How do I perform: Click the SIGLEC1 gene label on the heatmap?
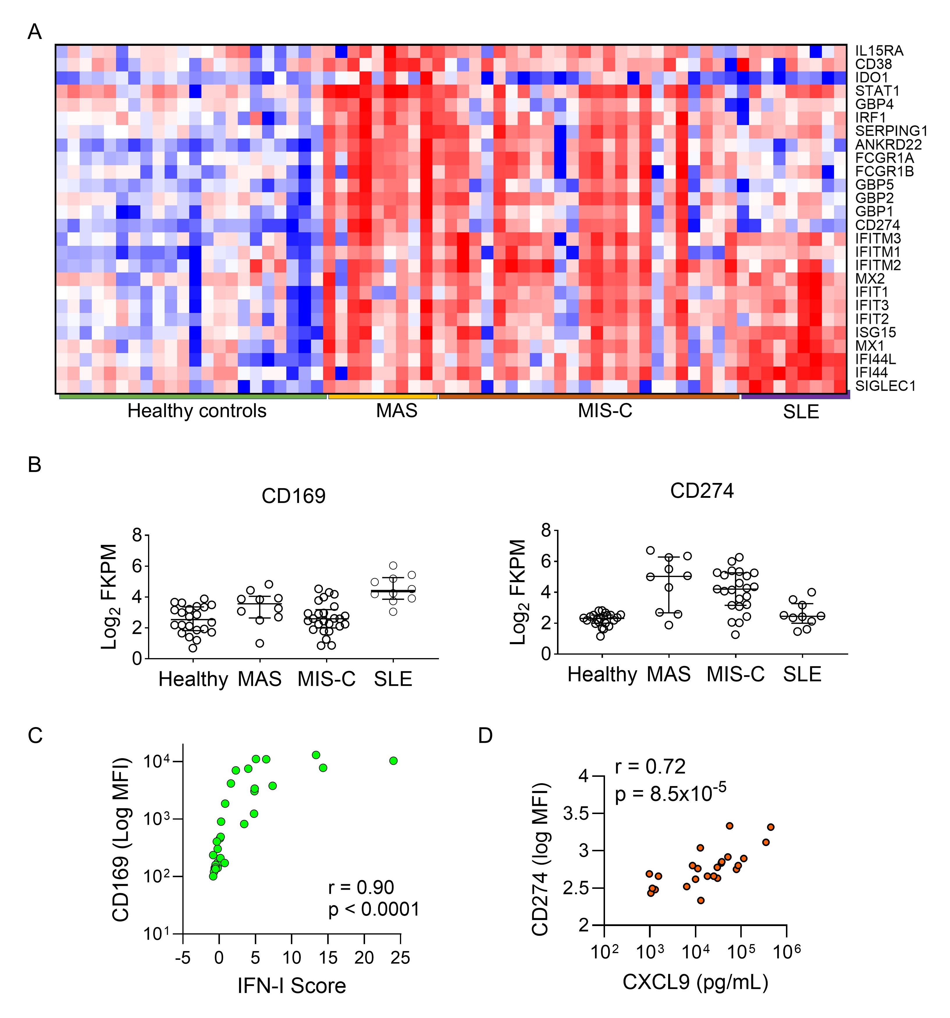click(885, 385)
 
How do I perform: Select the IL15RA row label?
click(879, 51)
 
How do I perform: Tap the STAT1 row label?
click(877, 91)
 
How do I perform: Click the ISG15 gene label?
click(875, 332)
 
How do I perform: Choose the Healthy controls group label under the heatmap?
click(197, 411)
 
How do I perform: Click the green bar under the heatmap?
click(193, 396)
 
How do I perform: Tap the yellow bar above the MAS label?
click(382, 396)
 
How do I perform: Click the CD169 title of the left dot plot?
click(293, 496)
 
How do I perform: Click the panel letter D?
click(485, 735)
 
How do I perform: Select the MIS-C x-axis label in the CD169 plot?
click(327, 679)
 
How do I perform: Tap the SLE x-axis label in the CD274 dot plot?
click(802, 674)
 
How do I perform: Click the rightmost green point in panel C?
click(393, 761)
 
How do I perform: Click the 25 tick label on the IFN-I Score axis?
click(400, 957)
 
